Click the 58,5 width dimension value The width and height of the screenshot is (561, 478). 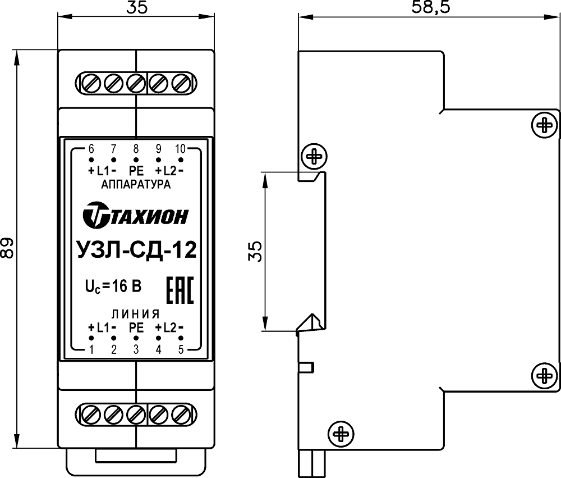(430, 7)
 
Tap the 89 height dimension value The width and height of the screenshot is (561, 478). (7, 247)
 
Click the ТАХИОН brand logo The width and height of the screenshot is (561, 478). (136, 215)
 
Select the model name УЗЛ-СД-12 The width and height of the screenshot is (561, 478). (137, 250)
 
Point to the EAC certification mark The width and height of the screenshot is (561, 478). (180, 290)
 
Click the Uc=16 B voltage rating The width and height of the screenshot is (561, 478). (113, 286)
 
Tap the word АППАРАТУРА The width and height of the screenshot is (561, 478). (136, 185)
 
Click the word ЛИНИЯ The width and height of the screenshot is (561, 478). (136, 314)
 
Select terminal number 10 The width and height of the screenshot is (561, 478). (180, 148)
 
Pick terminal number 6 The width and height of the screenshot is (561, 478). (91, 148)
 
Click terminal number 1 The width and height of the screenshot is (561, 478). (91, 349)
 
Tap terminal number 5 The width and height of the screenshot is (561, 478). (181, 349)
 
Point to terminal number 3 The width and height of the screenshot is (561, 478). (136, 349)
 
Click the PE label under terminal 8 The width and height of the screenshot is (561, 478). (136, 171)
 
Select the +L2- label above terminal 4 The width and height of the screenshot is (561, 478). (169, 327)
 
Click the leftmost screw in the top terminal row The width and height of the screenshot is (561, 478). (91, 84)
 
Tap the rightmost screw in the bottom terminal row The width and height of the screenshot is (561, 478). (181, 415)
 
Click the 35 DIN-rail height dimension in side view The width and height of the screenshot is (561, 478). (255, 251)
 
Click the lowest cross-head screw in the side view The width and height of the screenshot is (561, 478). (341, 434)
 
